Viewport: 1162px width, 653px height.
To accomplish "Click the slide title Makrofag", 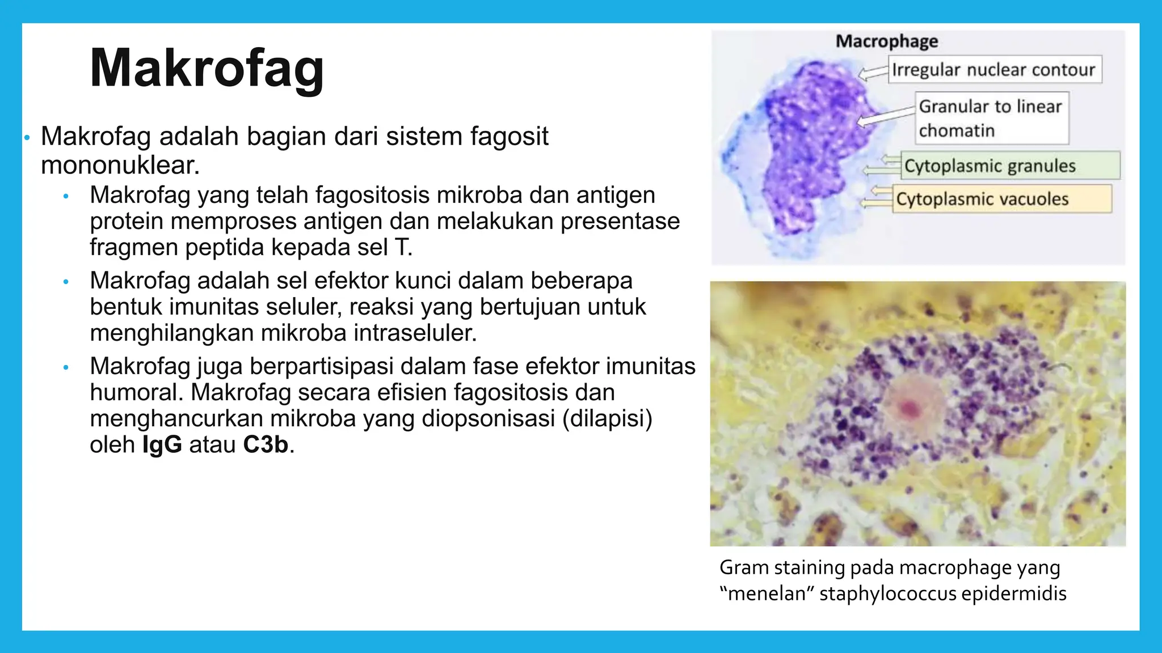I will tap(207, 69).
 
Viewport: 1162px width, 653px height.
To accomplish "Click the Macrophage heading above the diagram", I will tap(886, 41).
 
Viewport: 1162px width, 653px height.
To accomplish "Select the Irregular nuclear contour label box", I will tap(994, 70).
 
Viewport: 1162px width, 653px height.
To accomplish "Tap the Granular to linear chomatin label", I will tap(991, 118).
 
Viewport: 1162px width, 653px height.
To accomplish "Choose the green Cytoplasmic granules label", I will tap(1010, 166).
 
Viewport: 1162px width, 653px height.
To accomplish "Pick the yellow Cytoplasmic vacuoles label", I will tap(1001, 199).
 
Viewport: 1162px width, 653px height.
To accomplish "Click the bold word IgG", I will tap(162, 444).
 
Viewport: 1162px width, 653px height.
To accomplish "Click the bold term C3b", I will tap(266, 444).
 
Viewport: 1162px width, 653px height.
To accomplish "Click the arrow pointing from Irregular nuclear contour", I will tap(873, 73).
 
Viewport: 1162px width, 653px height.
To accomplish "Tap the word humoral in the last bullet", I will tap(136, 392).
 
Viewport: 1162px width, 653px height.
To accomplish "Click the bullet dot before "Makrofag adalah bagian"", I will tap(27, 138).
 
